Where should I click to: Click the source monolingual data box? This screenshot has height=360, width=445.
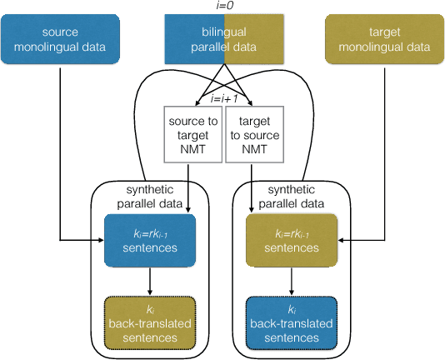click(61, 39)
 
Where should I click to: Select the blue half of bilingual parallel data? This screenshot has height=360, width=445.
click(192, 39)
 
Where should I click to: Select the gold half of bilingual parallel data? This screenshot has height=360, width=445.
click(253, 39)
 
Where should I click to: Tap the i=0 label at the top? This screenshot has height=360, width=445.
click(222, 6)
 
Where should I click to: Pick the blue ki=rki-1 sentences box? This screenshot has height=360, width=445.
click(150, 240)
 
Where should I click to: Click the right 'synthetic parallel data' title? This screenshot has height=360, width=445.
click(287, 197)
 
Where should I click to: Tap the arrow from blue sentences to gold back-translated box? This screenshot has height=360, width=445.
click(150, 280)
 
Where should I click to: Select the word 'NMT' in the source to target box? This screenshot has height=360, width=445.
click(191, 150)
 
